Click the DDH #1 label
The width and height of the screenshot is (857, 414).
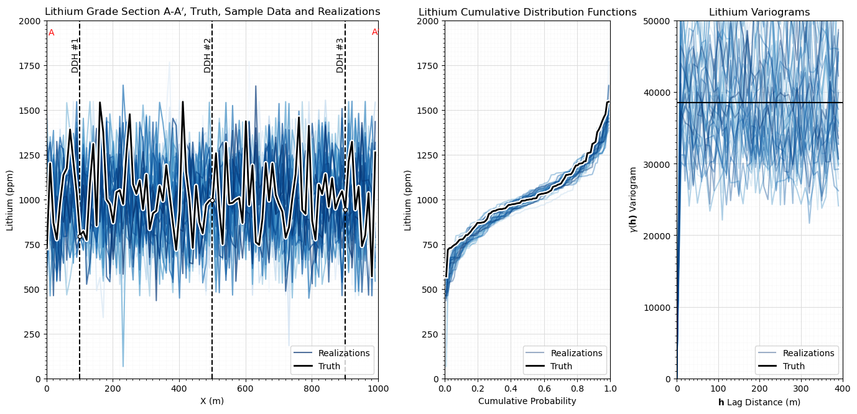pyautogui.click(x=75, y=55)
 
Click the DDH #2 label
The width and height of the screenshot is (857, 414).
pyautogui.click(x=208, y=55)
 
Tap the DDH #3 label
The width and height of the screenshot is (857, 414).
pyautogui.click(x=340, y=55)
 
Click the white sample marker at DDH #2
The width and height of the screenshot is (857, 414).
pyautogui.click(x=212, y=200)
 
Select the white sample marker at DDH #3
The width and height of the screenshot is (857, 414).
pyautogui.click(x=345, y=209)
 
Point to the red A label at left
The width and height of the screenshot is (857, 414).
pyautogui.click(x=52, y=33)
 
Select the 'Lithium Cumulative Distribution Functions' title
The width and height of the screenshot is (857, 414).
pyautogui.click(x=527, y=12)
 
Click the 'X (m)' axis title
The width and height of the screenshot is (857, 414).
pyautogui.click(x=212, y=401)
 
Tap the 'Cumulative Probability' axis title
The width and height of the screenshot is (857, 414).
pyautogui.click(x=527, y=401)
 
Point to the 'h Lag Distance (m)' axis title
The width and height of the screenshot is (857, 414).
pyautogui.click(x=759, y=402)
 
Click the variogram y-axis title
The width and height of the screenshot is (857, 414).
pyautogui.click(x=634, y=200)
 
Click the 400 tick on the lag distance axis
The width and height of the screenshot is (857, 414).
pyautogui.click(x=843, y=387)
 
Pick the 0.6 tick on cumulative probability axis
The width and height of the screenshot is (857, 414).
pyautogui.click(x=544, y=387)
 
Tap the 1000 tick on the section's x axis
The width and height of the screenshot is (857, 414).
pyautogui.click(x=378, y=387)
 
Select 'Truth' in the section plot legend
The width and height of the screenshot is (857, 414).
pyautogui.click(x=329, y=366)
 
